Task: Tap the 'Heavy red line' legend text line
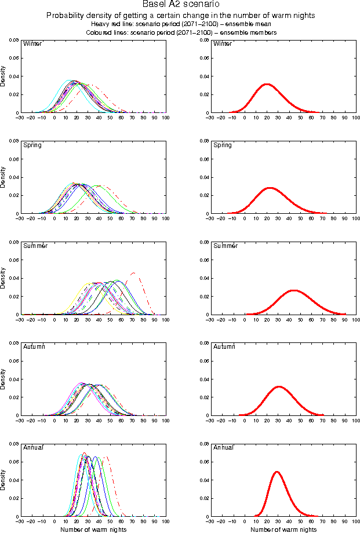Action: point(180,24)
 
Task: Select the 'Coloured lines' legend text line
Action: point(180,33)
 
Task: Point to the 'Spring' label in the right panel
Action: point(223,145)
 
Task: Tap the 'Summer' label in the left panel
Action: point(34,246)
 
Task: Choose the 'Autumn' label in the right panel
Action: point(224,346)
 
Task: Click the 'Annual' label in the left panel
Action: point(32,447)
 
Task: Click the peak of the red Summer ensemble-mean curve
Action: point(293,290)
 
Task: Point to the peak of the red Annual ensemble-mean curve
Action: point(277,472)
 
